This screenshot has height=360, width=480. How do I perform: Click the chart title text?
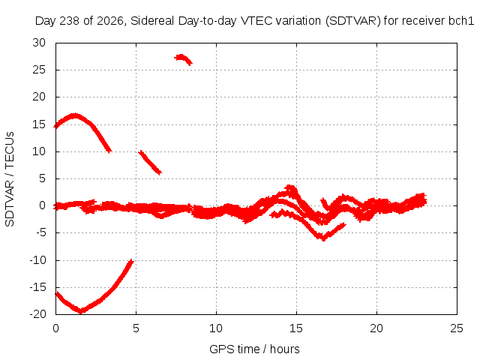[x=254, y=21]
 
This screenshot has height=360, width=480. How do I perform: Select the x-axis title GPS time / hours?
[x=254, y=349]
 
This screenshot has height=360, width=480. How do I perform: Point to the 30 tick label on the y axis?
[x=39, y=43]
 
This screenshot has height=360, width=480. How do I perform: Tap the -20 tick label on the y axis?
[x=38, y=314]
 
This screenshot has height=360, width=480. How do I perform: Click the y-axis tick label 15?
[x=39, y=124]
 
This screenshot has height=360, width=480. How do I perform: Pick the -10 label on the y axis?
[x=38, y=260]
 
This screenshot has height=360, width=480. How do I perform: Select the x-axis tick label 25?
[x=457, y=328]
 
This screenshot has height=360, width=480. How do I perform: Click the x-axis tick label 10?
[x=216, y=328]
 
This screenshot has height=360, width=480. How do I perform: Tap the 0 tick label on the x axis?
[x=55, y=328]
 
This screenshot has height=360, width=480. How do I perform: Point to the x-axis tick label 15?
[x=296, y=328]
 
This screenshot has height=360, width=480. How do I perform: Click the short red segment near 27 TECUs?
[x=183, y=58]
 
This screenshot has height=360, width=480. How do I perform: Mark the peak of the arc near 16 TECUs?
[x=74, y=116]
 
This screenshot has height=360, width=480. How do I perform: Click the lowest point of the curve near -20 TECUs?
[x=81, y=312]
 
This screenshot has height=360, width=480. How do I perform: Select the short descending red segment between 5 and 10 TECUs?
[x=150, y=162]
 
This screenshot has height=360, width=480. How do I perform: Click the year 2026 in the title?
[x=110, y=21]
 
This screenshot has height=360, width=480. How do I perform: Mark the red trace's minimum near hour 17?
[x=323, y=238]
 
